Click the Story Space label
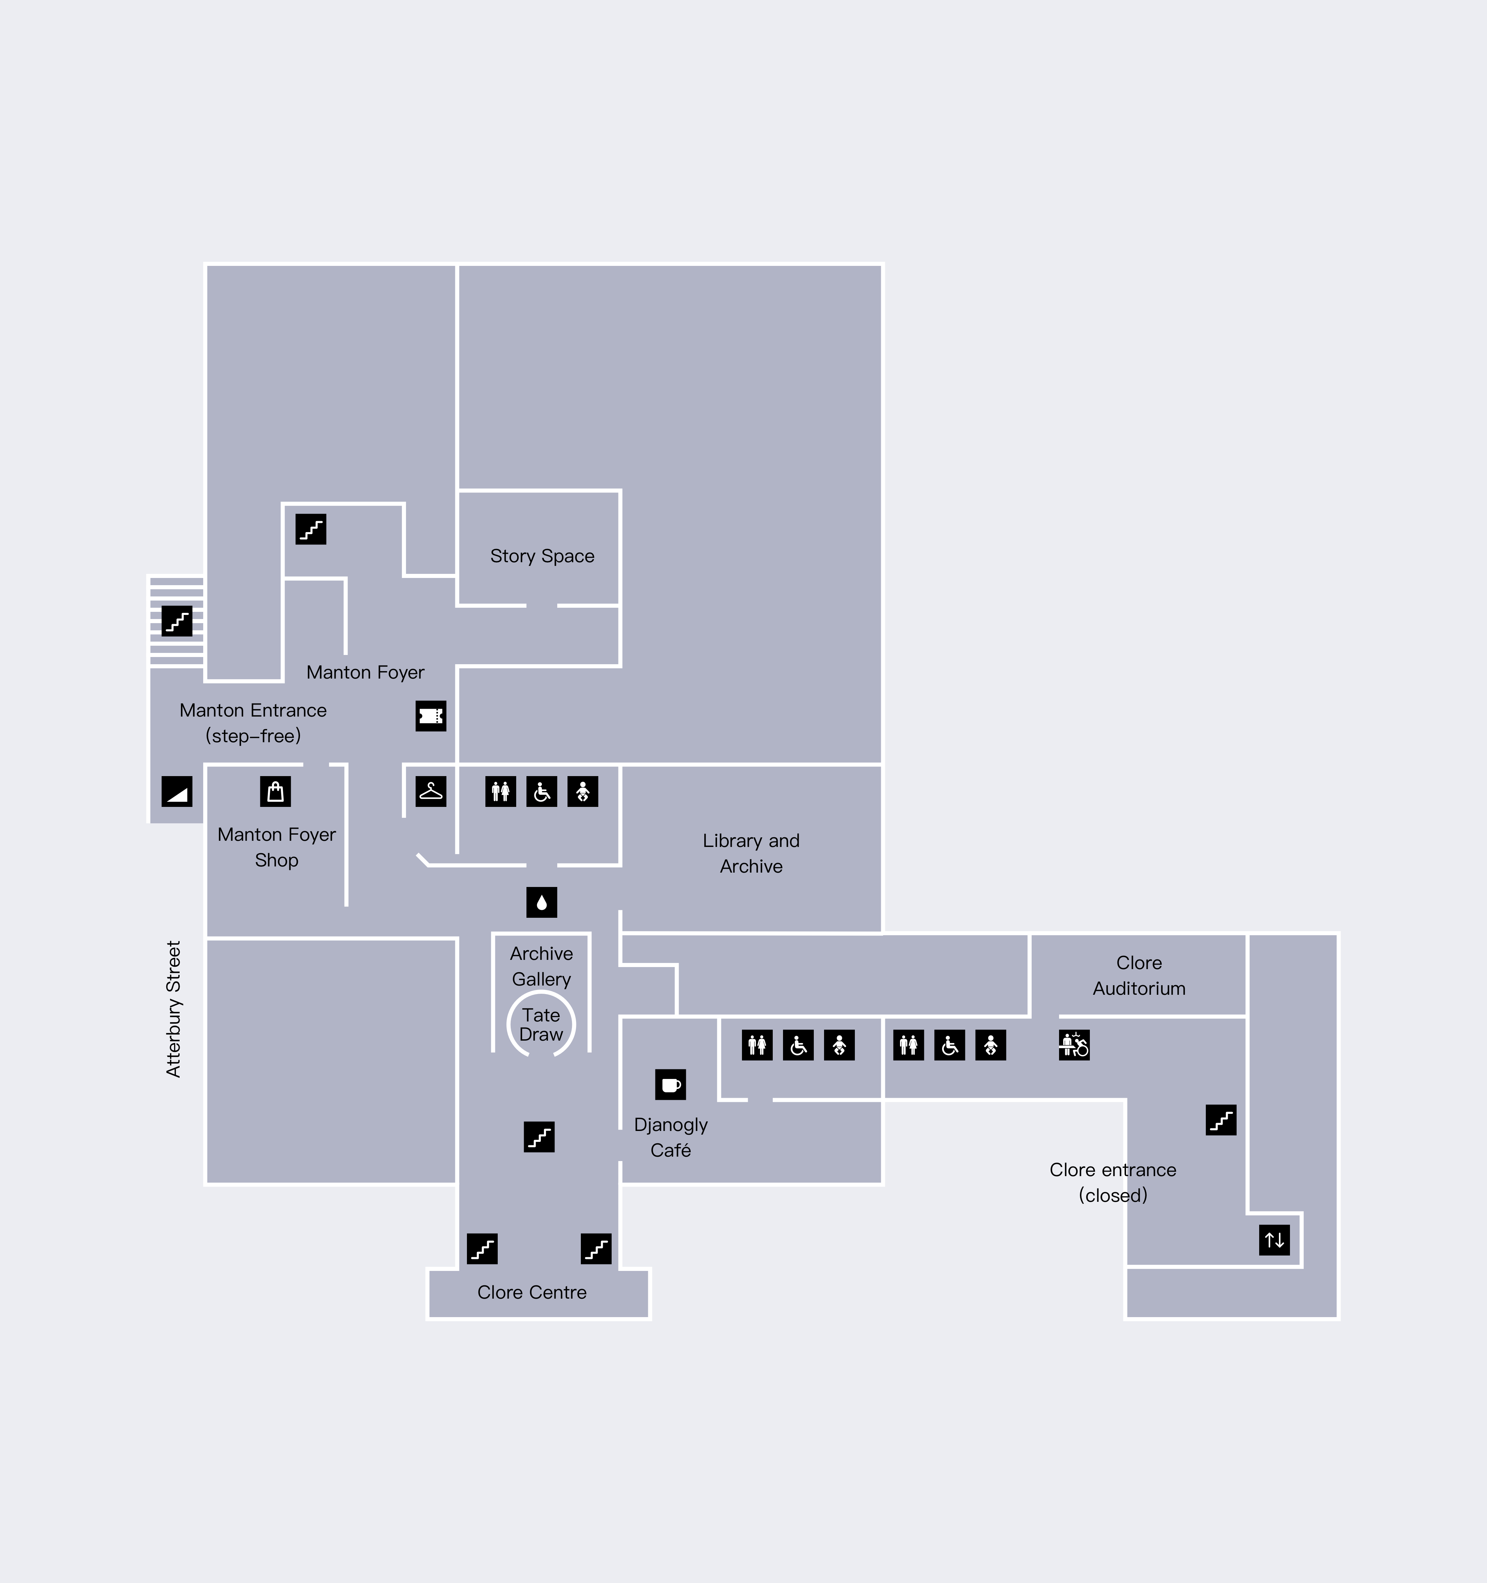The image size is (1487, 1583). [542, 556]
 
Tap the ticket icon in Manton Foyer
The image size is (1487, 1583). [431, 716]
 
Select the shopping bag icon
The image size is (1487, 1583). [275, 791]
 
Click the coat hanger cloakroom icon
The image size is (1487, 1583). [431, 791]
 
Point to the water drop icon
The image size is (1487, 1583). [541, 902]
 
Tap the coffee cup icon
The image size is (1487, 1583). [670, 1084]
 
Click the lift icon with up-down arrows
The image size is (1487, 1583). [1275, 1240]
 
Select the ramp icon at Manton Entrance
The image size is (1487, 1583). [177, 791]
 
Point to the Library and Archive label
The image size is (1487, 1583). [751, 854]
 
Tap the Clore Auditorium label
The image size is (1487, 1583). [1139, 976]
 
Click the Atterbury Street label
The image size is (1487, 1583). [173, 1009]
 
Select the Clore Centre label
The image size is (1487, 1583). [532, 1292]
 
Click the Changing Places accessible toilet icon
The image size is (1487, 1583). [1074, 1045]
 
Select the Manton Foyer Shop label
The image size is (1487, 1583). [276, 847]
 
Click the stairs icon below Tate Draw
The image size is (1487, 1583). [539, 1137]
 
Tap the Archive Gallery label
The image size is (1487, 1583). [541, 966]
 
